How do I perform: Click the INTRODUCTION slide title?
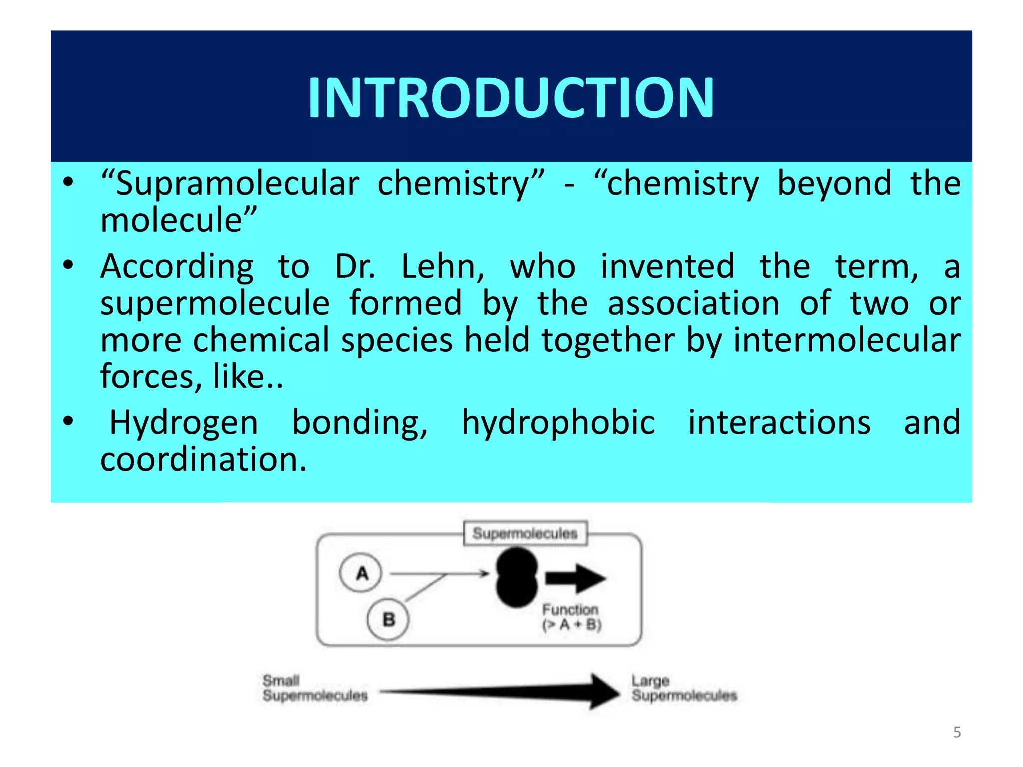tap(511, 98)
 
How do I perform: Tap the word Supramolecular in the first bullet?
tap(237, 184)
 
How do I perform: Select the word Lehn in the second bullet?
tap(442, 266)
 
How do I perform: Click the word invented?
tap(667, 266)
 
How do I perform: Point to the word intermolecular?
tap(847, 340)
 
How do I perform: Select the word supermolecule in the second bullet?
tap(215, 303)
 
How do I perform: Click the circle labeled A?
tap(361, 573)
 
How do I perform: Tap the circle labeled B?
tap(388, 619)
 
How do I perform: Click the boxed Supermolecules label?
tap(525, 533)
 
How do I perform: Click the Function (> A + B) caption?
tap(572, 617)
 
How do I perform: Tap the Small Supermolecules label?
tap(315, 688)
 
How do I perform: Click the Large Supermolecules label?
tap(684, 688)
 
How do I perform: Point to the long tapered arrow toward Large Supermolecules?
tap(500, 692)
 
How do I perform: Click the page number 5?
tap(957, 732)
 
